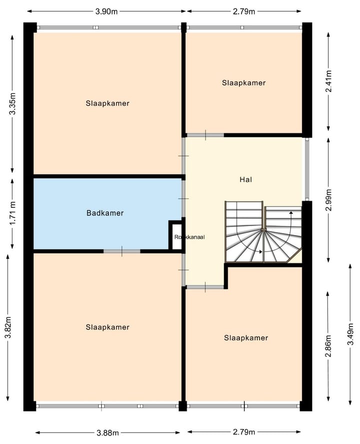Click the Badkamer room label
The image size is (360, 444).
point(104,213)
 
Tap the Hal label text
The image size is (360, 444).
point(245,178)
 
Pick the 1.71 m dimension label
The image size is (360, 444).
point(12,212)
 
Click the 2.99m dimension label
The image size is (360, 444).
point(328,200)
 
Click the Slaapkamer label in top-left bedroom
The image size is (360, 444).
point(107,103)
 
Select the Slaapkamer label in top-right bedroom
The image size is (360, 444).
point(243,83)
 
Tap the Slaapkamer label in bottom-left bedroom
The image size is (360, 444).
point(107,327)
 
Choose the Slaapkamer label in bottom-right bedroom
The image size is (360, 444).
point(246,338)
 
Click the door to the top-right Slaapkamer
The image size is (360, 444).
point(205,135)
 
